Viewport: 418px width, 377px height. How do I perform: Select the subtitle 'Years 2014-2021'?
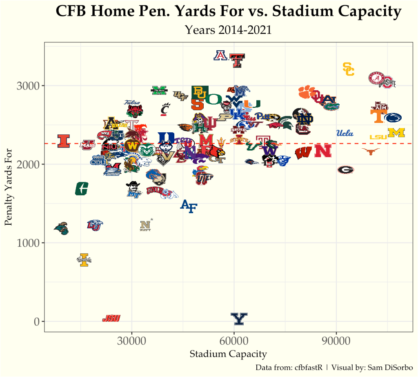(228, 30)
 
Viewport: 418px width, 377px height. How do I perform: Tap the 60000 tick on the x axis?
(234, 341)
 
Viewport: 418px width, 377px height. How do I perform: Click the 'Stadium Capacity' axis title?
(228, 354)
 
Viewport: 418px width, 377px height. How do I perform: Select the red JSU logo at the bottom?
(111, 318)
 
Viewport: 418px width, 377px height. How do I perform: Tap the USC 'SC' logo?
(348, 69)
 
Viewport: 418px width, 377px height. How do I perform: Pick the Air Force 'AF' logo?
(189, 206)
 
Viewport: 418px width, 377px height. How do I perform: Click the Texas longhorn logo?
(371, 152)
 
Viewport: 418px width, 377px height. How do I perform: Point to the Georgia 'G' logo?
(346, 170)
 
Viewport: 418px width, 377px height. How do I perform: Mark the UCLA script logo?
(345, 133)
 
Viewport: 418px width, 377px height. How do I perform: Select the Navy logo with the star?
(146, 225)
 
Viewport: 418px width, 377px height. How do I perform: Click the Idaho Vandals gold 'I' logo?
(84, 260)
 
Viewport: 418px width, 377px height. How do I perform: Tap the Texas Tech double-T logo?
(237, 60)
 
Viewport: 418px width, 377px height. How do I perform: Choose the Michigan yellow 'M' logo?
(396, 132)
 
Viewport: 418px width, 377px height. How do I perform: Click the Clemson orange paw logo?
(305, 92)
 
